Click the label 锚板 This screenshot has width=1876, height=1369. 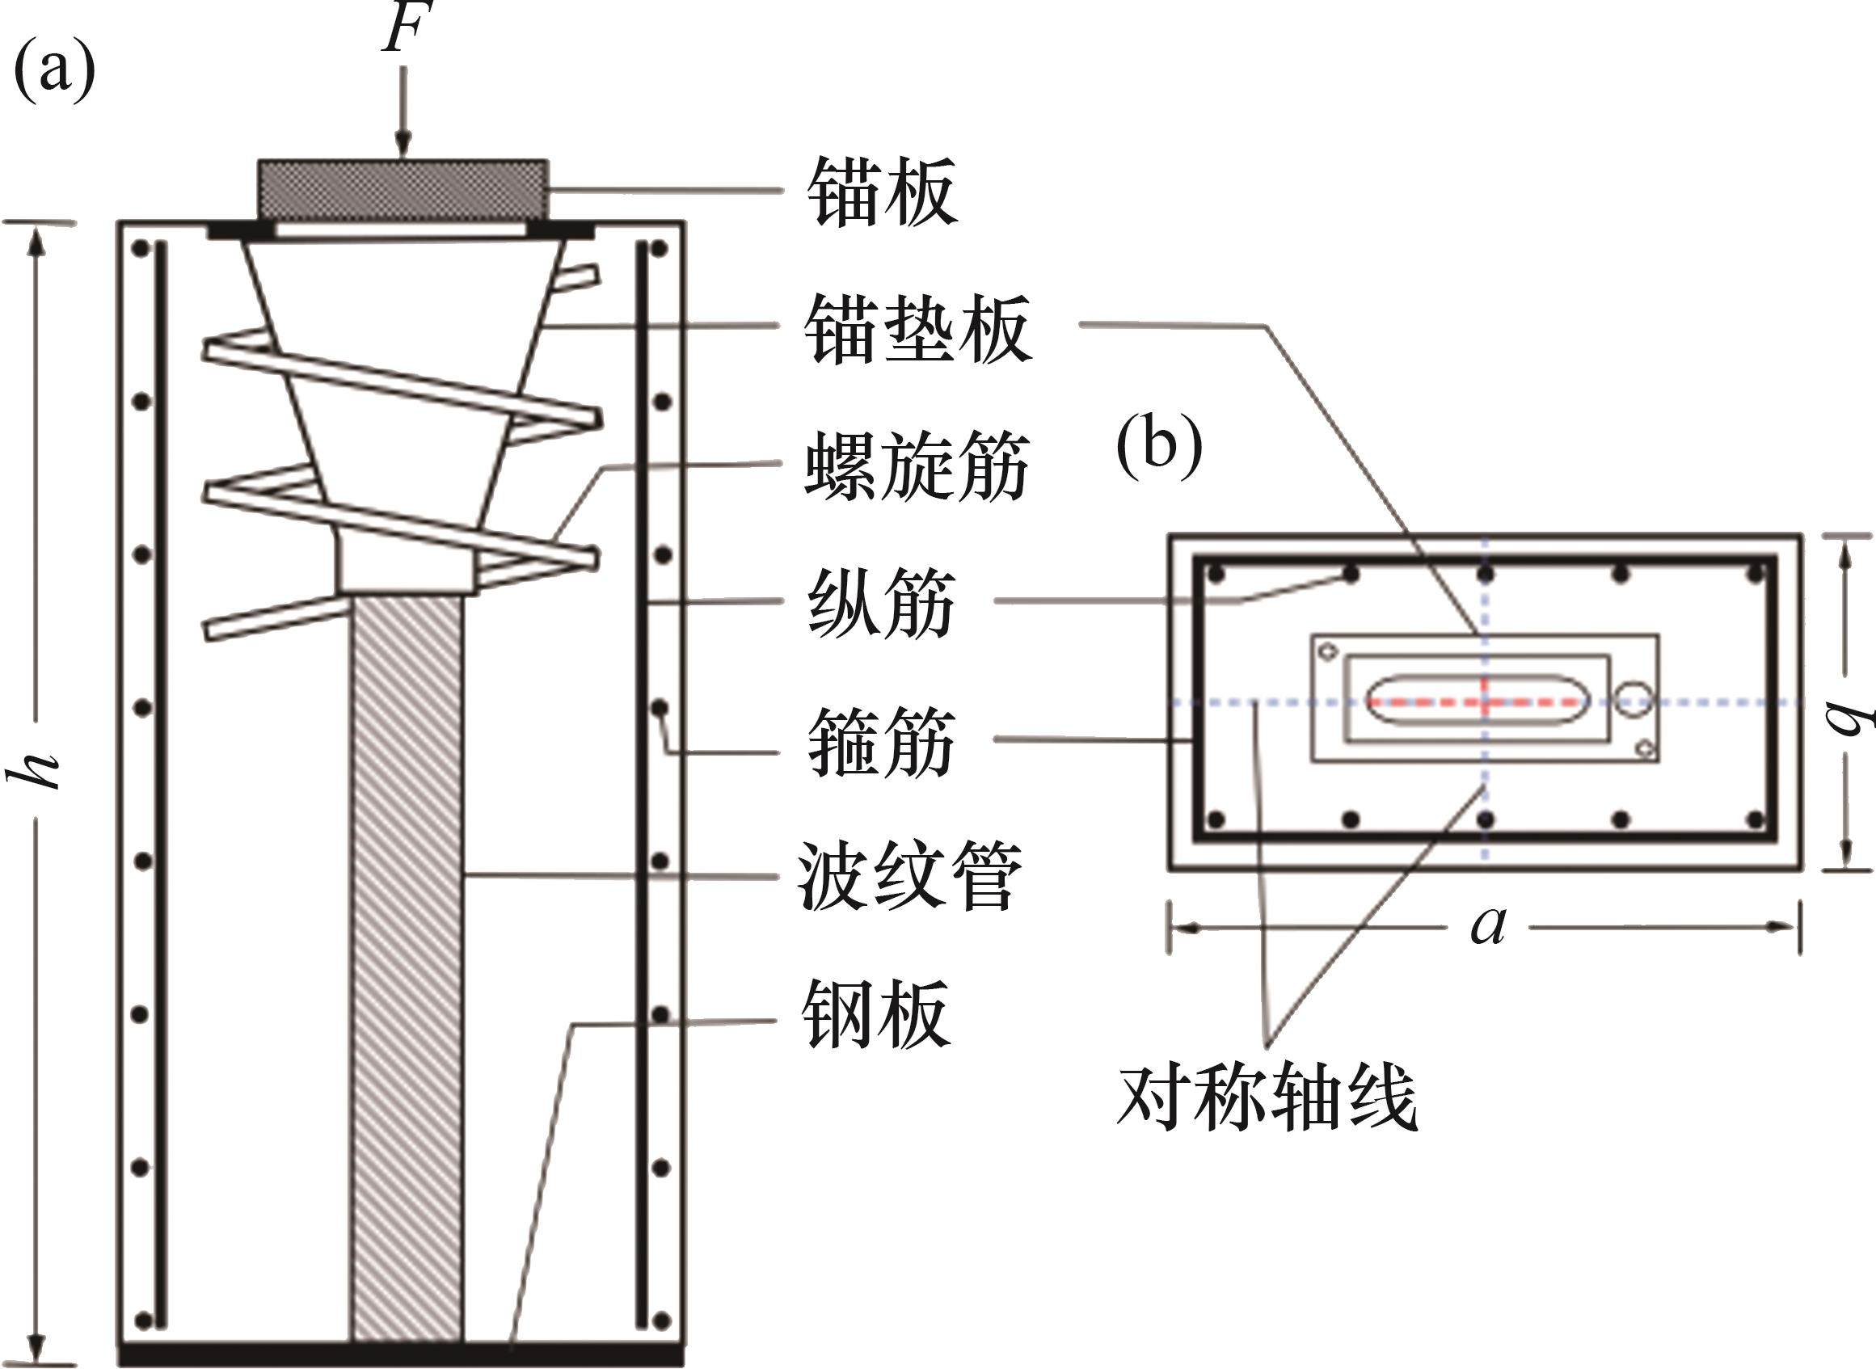[x=882, y=192]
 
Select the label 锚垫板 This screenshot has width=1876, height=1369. [x=918, y=329]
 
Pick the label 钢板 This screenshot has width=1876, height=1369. [x=877, y=1014]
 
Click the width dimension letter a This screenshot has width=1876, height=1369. [x=1488, y=925]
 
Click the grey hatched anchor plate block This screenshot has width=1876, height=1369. [x=403, y=190]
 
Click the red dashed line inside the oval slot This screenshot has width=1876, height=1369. [x=1475, y=702]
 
